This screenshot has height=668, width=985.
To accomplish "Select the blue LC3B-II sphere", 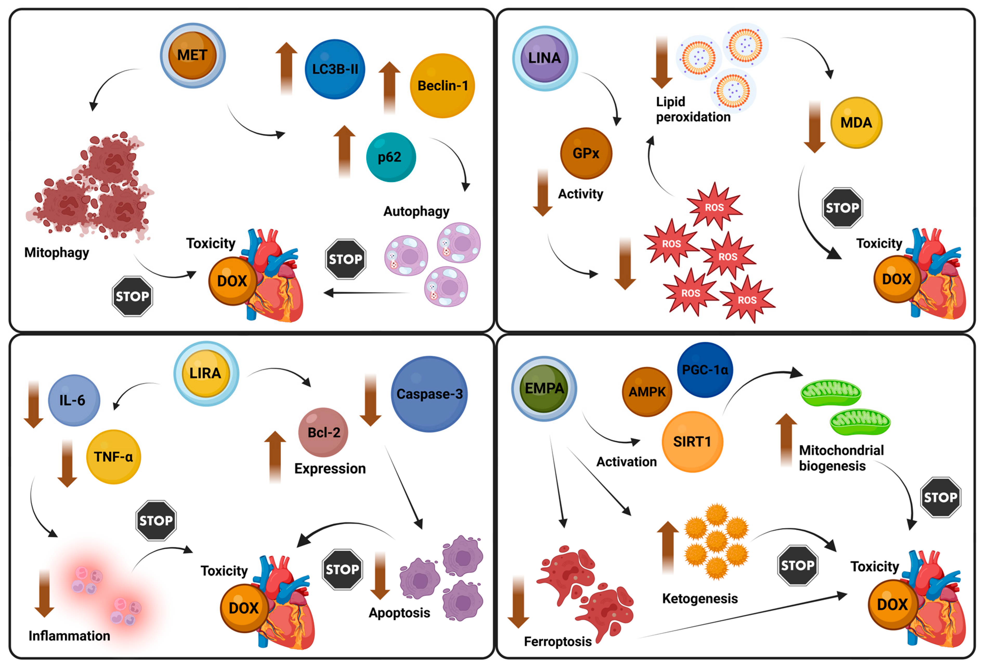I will [x=335, y=69].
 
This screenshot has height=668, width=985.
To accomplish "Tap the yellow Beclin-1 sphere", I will [x=443, y=85].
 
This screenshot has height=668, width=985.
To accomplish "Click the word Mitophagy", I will [x=56, y=253].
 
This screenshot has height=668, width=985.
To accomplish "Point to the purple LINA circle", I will [x=545, y=58].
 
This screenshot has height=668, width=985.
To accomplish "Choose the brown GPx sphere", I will [x=586, y=153].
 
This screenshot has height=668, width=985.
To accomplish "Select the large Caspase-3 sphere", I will [x=429, y=394].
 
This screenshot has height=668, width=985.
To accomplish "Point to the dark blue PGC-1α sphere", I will [x=705, y=370].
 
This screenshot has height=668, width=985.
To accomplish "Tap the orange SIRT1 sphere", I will [x=692, y=442].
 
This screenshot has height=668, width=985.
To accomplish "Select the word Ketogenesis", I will [x=700, y=599].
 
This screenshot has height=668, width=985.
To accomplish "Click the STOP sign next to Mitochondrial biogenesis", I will [x=941, y=497].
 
